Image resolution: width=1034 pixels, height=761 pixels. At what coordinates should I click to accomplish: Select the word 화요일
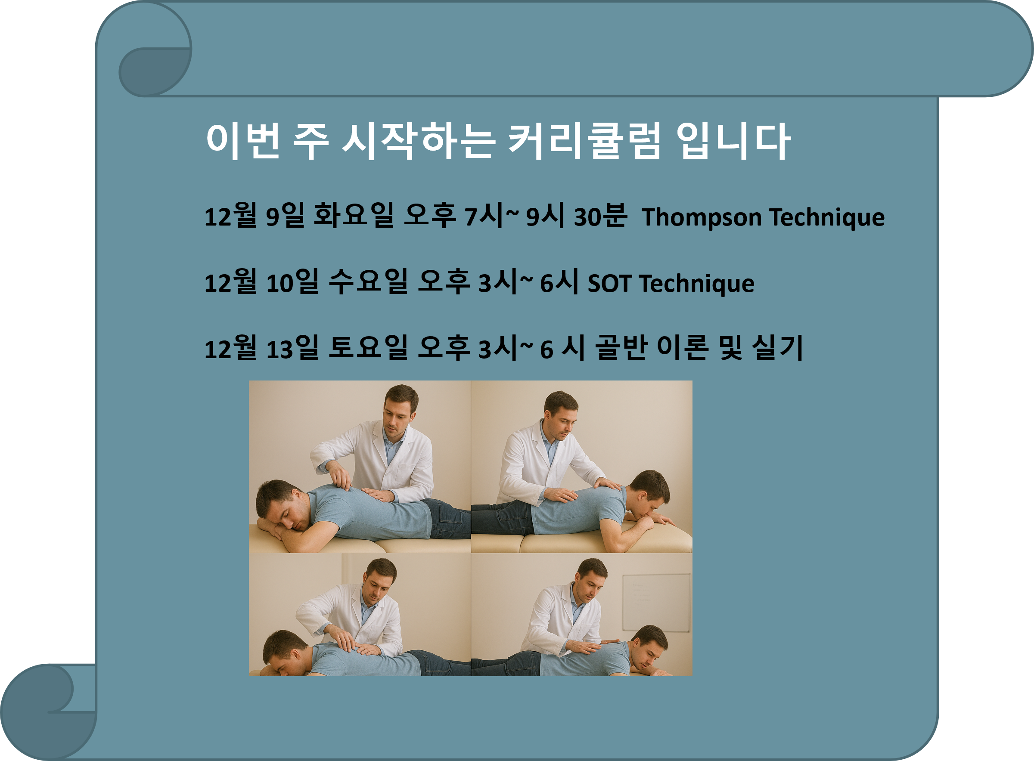pos(353,215)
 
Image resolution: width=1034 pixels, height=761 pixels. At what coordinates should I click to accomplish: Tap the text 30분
pos(600,215)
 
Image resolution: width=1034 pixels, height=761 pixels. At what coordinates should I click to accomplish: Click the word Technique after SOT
pos(697,283)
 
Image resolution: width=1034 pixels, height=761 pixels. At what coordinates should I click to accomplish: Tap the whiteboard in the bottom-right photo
pos(656,602)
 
